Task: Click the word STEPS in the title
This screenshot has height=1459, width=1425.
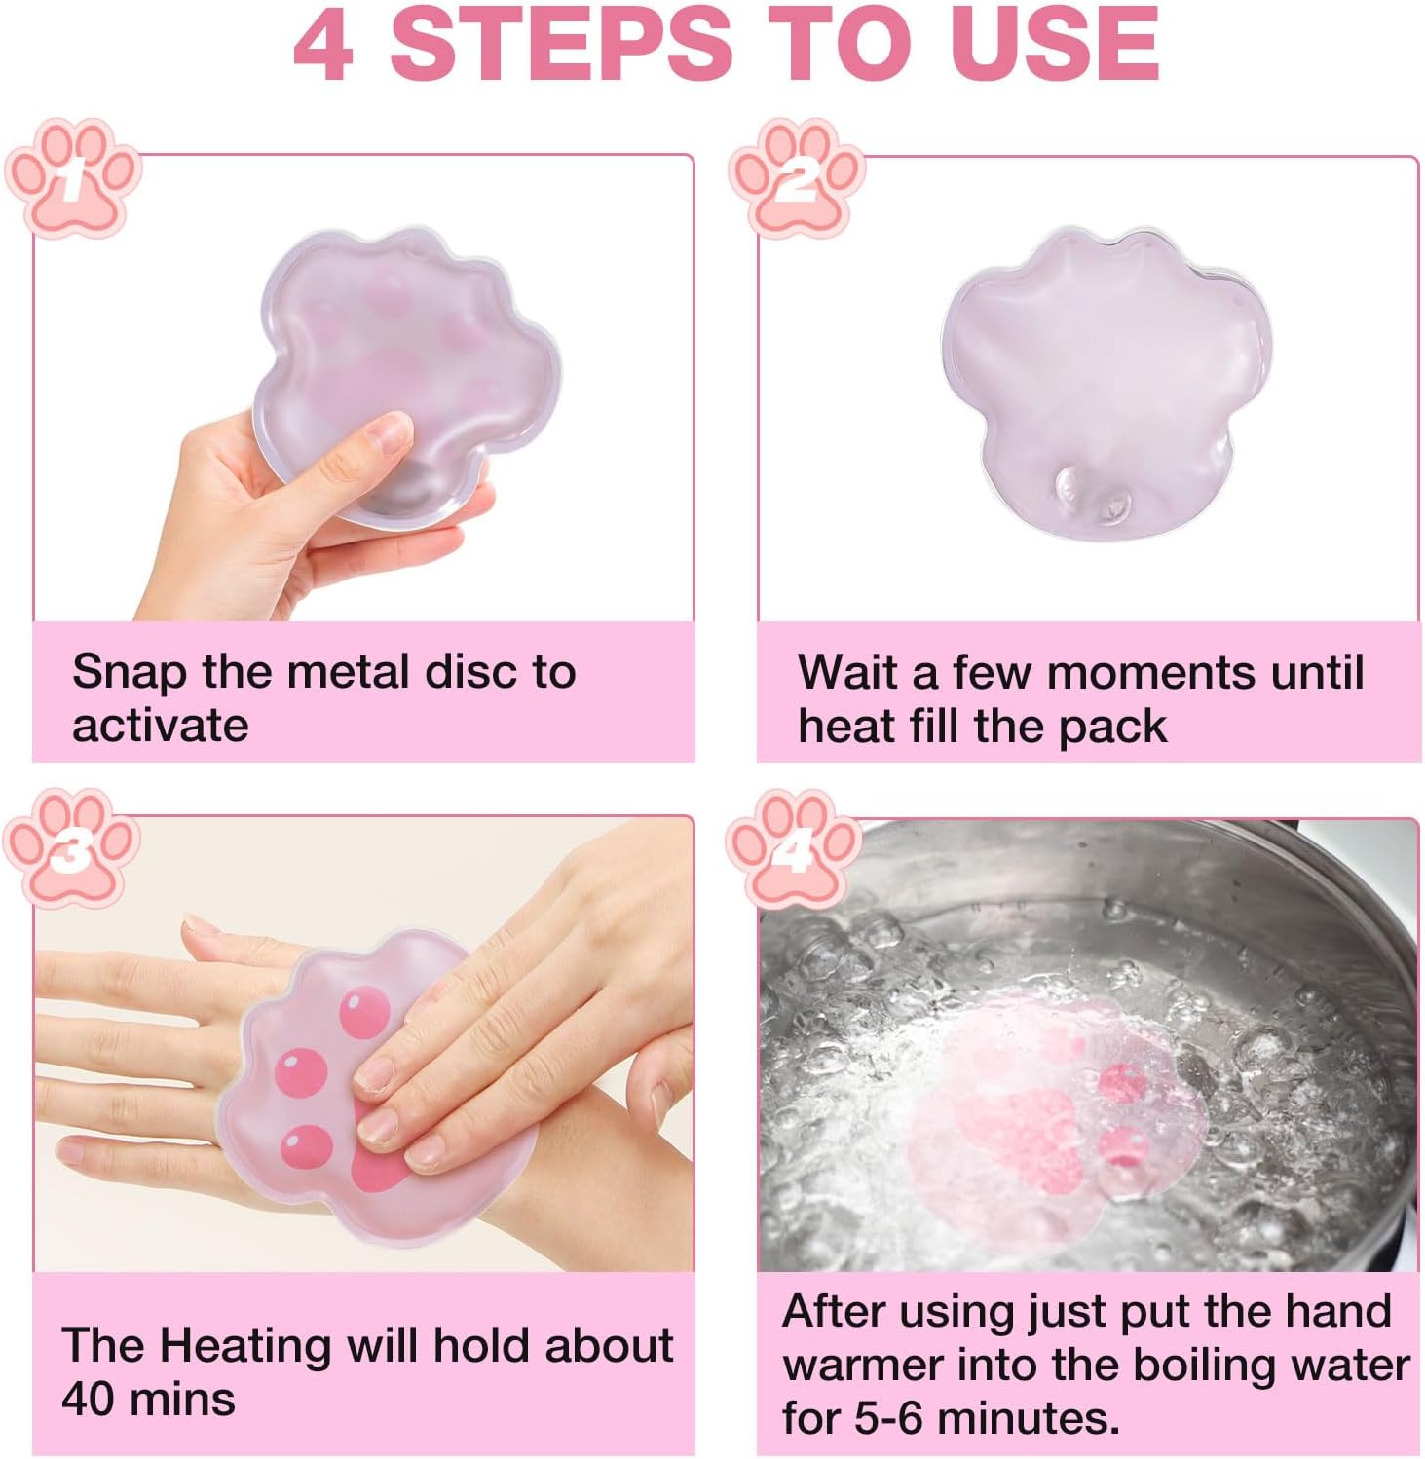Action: coord(561,44)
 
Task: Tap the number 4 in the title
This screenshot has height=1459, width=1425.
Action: coord(323,45)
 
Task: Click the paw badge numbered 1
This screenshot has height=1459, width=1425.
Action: coord(72,178)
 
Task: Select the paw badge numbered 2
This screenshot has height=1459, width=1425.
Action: coord(797,178)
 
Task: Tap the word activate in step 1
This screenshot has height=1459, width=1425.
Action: coord(161,727)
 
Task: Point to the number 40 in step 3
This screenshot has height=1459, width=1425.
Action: coord(89,1400)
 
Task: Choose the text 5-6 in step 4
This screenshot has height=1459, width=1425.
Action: coord(890,1418)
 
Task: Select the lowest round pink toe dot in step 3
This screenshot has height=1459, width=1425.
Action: coord(306,1147)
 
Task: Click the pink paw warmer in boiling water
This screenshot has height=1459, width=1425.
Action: coord(1057,1130)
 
